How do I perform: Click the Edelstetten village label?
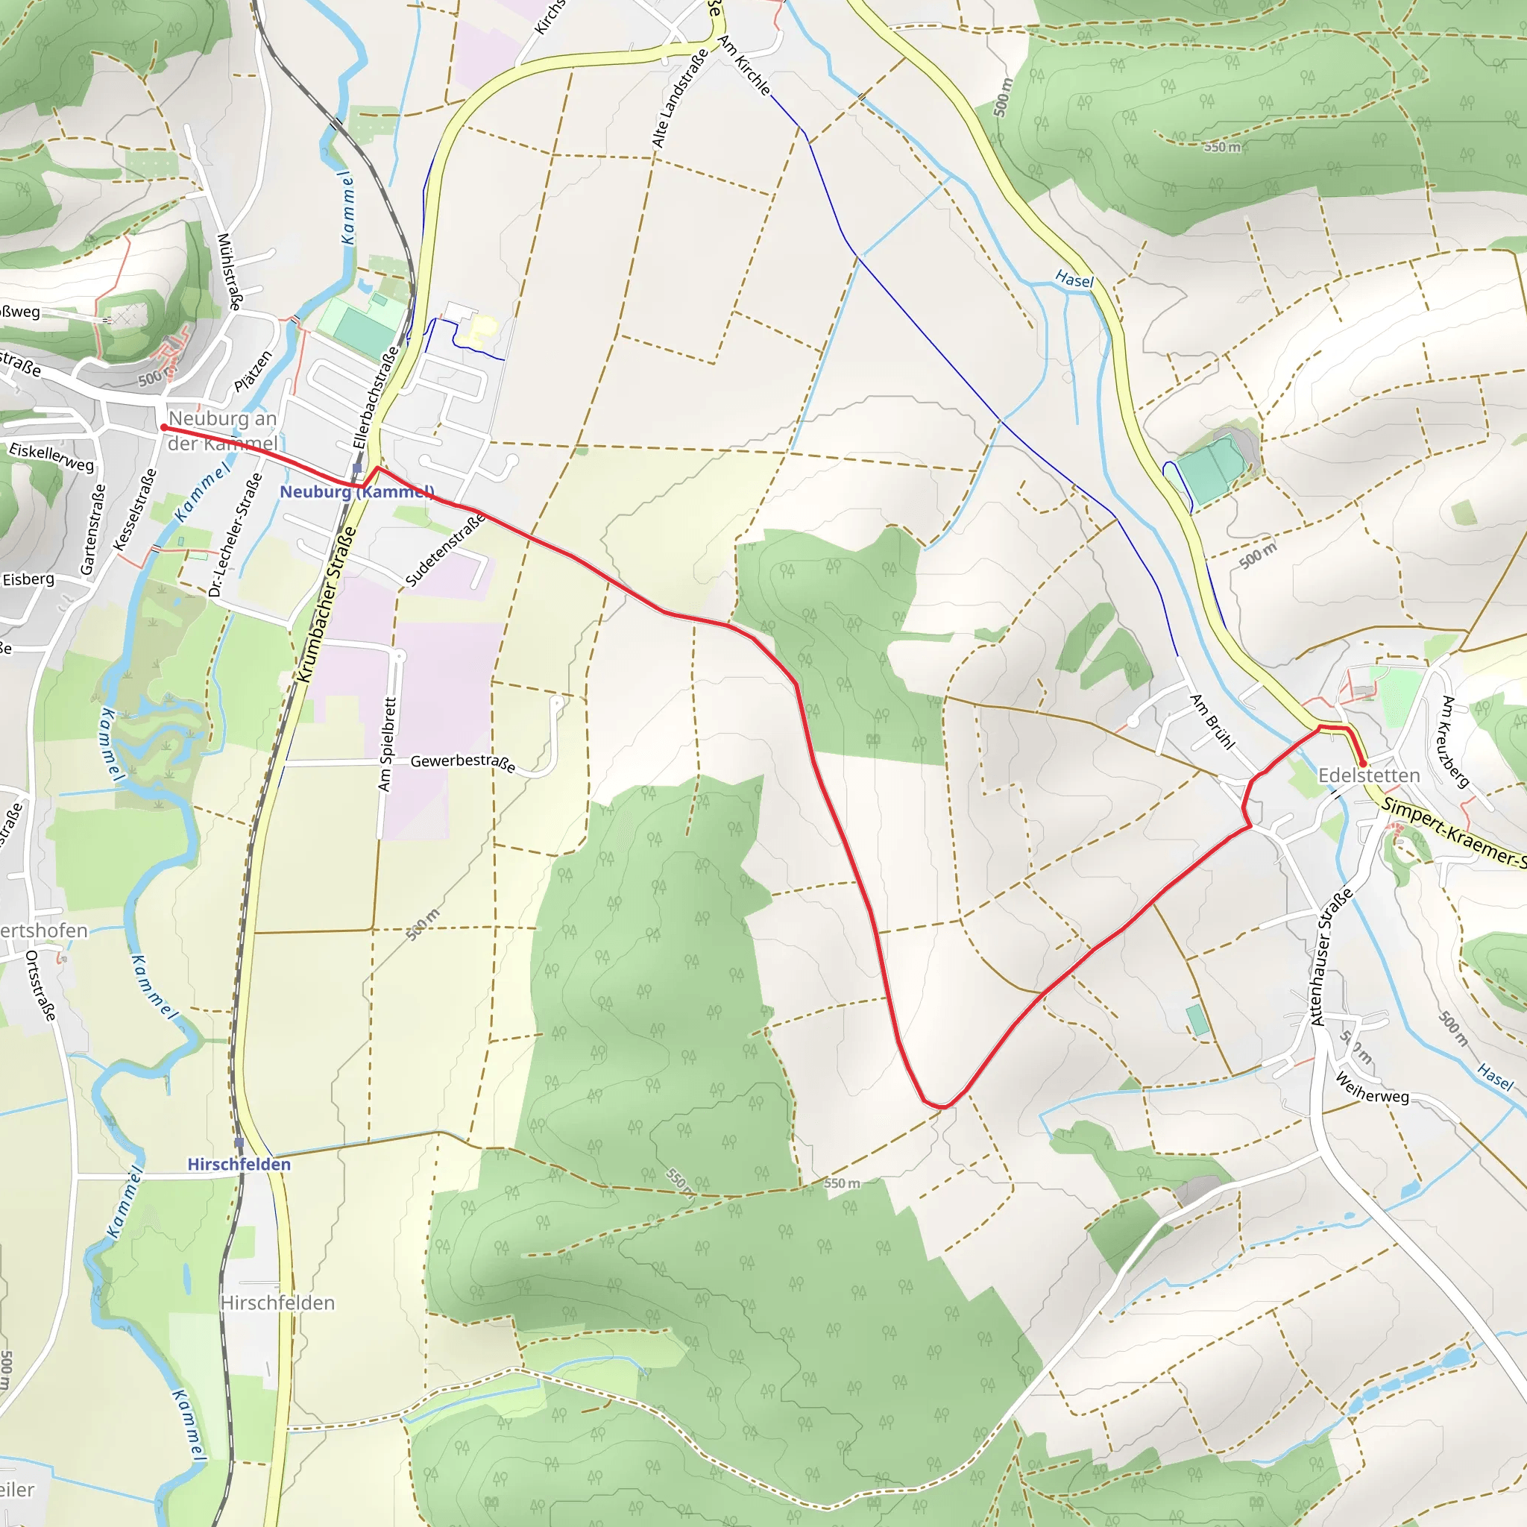pos(1369,775)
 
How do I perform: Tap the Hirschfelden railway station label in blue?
pos(239,1164)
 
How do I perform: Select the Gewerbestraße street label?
pos(463,763)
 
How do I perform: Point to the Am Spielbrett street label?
pos(385,743)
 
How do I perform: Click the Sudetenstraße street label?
pos(445,550)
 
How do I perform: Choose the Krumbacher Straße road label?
pos(327,605)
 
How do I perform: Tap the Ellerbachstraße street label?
pos(376,397)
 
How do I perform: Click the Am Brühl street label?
pos(1212,721)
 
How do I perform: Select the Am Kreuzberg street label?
pos(1454,741)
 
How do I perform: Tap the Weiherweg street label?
pos(1372,1088)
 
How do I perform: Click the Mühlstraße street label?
pos(230,271)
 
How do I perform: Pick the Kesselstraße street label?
pos(135,510)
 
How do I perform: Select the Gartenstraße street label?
pos(92,529)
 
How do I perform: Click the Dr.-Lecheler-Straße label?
pos(235,535)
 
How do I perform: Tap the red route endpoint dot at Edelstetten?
pos(1363,763)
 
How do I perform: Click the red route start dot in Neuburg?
pos(163,427)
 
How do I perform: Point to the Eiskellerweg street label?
pos(51,457)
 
